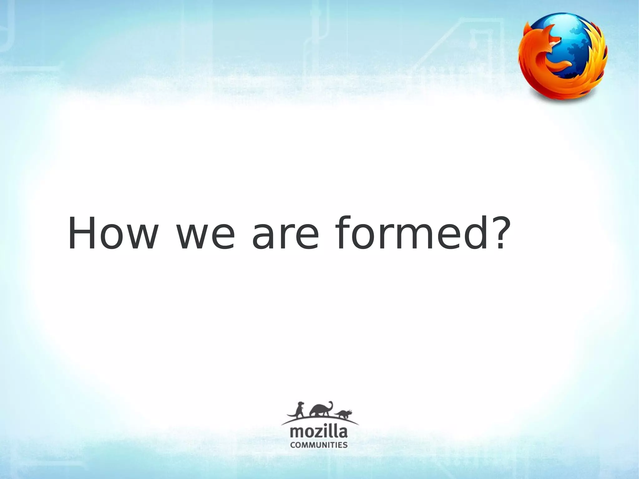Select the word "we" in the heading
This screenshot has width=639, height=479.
click(x=205, y=238)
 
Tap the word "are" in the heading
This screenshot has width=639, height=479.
click(x=285, y=238)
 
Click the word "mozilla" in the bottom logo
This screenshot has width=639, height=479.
click(x=319, y=433)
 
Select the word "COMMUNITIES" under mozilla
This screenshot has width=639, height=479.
click(x=319, y=445)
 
